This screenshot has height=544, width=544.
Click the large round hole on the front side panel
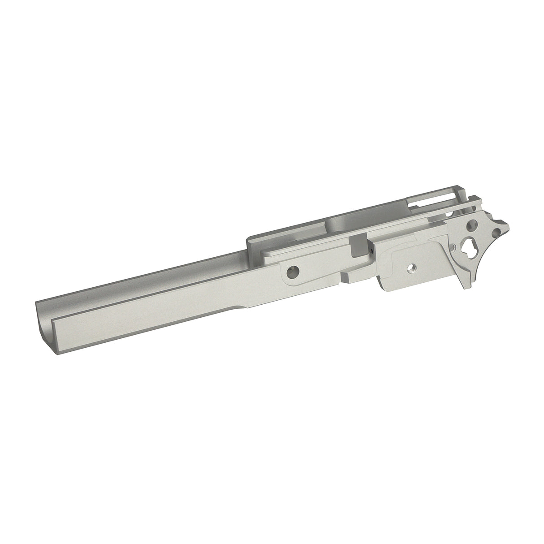click(x=294, y=271)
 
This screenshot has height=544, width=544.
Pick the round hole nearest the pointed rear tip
click(x=496, y=232)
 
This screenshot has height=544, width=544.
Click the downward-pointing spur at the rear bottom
click(x=462, y=283)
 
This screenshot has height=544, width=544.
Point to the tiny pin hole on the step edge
click(x=371, y=251)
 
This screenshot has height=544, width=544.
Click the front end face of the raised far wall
click(x=249, y=245)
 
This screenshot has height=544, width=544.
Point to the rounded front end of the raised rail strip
click(x=265, y=255)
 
